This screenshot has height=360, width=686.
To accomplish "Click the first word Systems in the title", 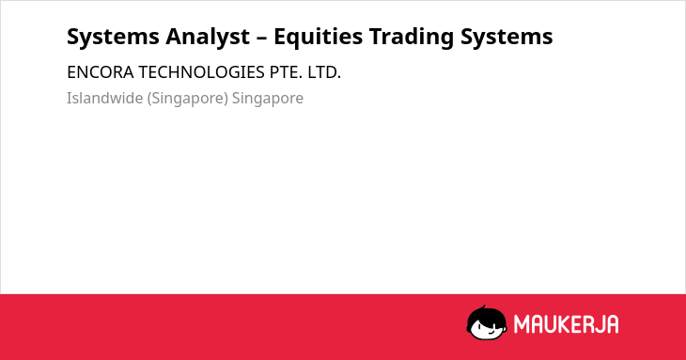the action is [113, 37].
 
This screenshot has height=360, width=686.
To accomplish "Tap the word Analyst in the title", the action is [208, 38].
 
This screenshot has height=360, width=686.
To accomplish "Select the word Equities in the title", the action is [318, 38].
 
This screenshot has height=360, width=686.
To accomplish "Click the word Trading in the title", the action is [412, 38].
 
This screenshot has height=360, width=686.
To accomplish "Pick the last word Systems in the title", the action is [507, 37].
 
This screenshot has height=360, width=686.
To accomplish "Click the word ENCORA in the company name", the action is [101, 72].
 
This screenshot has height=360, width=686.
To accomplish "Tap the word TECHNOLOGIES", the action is [202, 72].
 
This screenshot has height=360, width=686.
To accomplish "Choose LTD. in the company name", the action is [324, 72].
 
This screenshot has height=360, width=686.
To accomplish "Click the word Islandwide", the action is [104, 98].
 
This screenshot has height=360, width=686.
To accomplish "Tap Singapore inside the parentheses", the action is [188, 99].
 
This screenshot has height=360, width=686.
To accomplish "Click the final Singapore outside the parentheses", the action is [267, 99].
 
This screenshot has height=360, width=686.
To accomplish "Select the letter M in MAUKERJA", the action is [522, 324].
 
